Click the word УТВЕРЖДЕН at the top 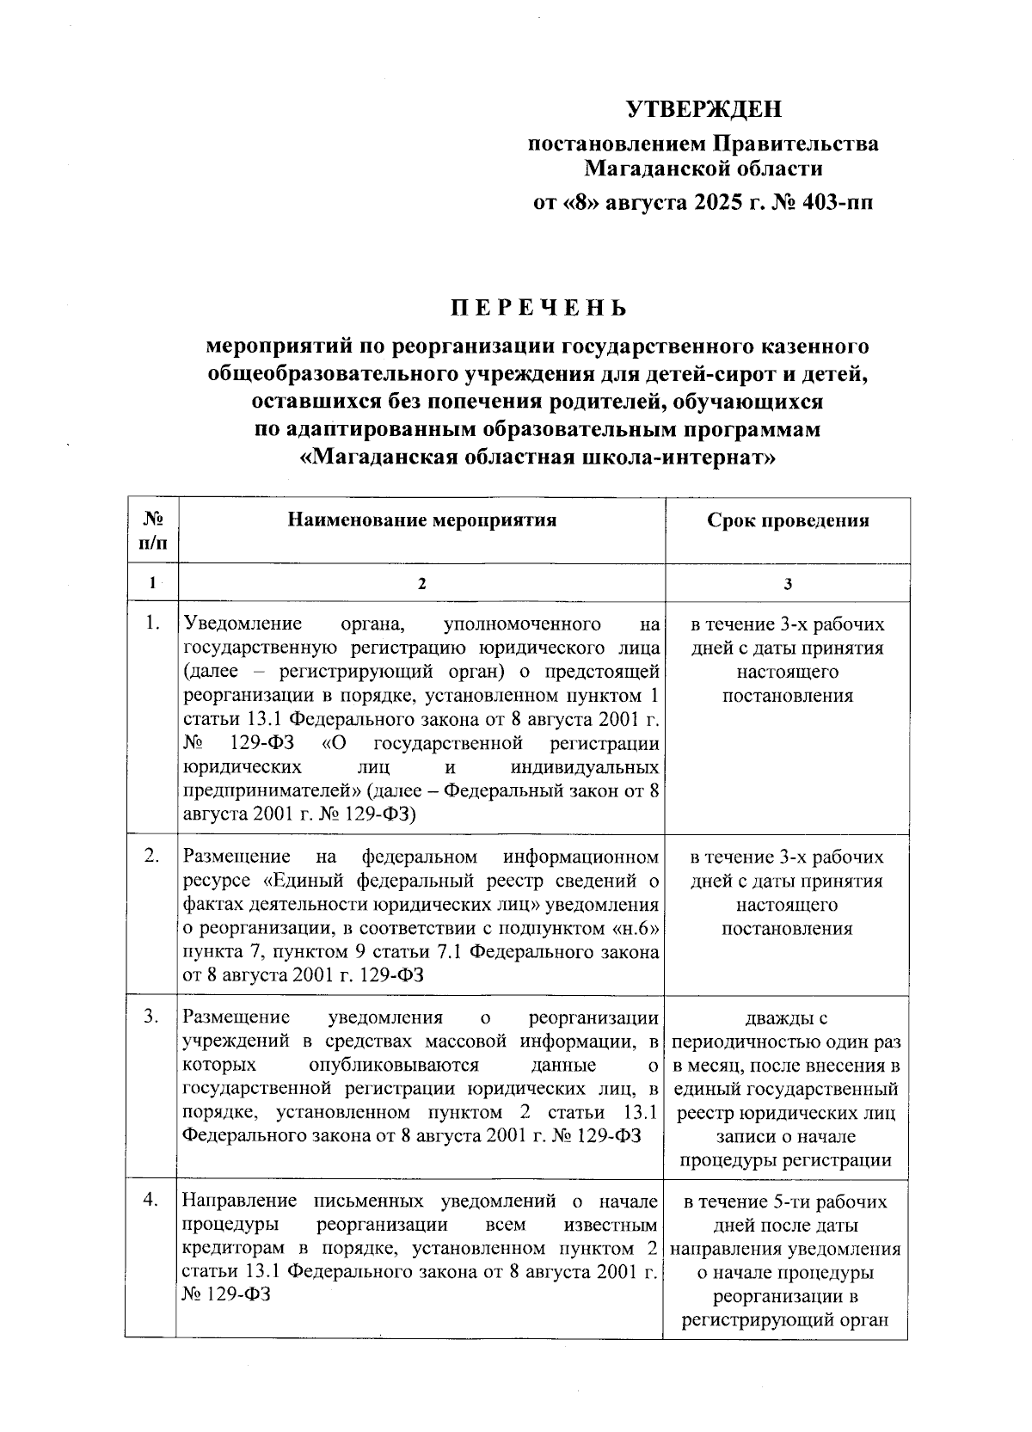click(x=703, y=109)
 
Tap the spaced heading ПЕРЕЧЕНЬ click(x=539, y=307)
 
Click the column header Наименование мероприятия click(x=421, y=520)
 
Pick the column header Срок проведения click(x=788, y=520)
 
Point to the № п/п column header click(x=153, y=531)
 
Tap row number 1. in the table click(x=153, y=624)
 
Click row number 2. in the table click(x=153, y=856)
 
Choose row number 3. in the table click(x=152, y=1017)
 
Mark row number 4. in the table click(x=152, y=1201)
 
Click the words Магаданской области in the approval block click(x=703, y=168)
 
